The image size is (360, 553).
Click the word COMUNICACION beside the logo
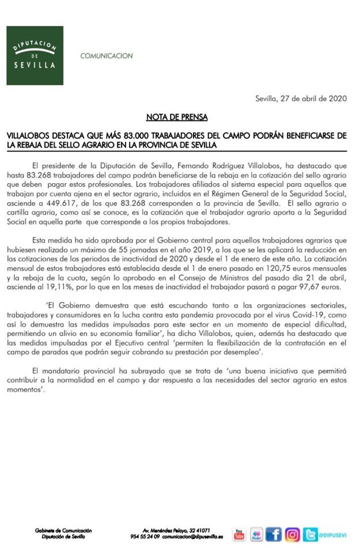point(107,56)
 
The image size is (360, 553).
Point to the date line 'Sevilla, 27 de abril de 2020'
point(300,99)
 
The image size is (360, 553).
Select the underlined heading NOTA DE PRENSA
point(180,118)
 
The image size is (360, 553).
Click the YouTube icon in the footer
point(239,535)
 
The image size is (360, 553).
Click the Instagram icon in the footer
point(293,535)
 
